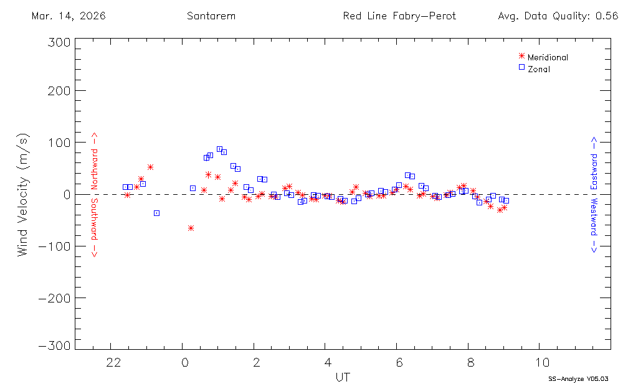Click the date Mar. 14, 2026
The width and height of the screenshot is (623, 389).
pyautogui.click(x=69, y=16)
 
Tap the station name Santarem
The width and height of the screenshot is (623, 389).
pyautogui.click(x=211, y=16)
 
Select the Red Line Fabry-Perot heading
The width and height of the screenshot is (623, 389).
pyautogui.click(x=399, y=16)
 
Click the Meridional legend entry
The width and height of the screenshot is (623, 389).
pyautogui.click(x=548, y=57)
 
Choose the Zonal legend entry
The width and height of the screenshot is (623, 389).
pyautogui.click(x=538, y=69)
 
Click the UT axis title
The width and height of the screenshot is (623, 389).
pyautogui.click(x=342, y=377)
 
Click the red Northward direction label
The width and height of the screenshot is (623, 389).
pyautogui.click(x=95, y=161)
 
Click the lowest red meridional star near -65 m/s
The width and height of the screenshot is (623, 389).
pyautogui.click(x=191, y=228)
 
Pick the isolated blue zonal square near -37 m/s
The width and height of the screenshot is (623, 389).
pyautogui.click(x=156, y=213)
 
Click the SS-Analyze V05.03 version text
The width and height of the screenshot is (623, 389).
pyautogui.click(x=578, y=378)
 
